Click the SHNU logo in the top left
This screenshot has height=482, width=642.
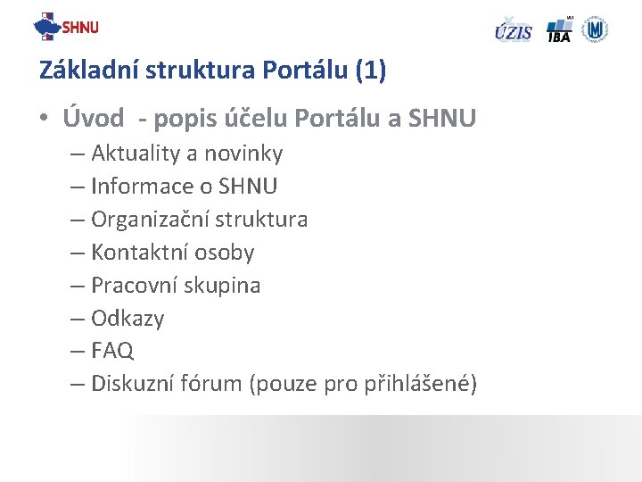66,27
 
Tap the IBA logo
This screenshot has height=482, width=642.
559,29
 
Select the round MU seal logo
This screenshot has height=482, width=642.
595,29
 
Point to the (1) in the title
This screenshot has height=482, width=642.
370,71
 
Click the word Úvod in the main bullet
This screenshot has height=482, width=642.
93,118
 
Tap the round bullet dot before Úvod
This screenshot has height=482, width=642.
44,119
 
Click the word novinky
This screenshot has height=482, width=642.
243,154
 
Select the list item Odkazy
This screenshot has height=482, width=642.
128,319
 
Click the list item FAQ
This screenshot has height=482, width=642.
112,351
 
